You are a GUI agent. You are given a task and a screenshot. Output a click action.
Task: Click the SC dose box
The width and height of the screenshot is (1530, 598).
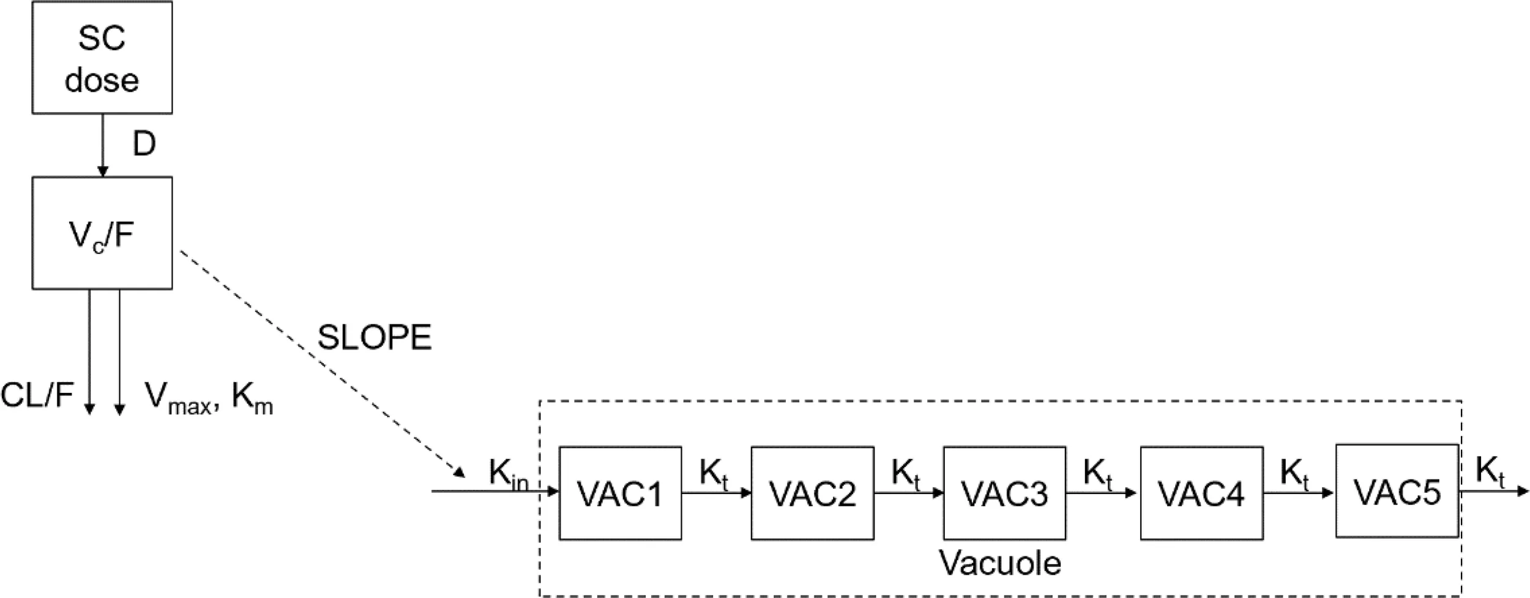[102, 58]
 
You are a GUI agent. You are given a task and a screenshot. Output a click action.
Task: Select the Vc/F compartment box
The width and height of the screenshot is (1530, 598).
[102, 233]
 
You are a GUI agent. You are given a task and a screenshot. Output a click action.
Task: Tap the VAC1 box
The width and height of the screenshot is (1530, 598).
[620, 493]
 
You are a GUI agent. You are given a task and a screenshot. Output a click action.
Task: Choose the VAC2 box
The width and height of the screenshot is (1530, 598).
[812, 493]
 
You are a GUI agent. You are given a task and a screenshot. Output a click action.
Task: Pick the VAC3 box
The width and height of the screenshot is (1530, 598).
[1004, 493]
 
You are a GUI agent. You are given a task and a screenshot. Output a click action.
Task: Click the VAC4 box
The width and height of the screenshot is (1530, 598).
[1201, 493]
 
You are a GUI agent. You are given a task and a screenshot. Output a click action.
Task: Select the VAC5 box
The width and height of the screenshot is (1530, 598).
[1397, 491]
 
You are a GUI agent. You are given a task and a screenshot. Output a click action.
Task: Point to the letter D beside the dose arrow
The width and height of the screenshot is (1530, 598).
[144, 144]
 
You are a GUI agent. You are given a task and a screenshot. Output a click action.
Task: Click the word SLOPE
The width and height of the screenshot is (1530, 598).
[375, 337]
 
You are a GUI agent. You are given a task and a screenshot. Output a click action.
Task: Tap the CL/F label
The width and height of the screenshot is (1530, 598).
[37, 395]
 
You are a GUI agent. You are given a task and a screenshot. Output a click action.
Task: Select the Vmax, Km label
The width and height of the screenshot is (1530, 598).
[209, 398]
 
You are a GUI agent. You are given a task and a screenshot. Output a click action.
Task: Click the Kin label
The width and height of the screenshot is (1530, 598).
[508, 474]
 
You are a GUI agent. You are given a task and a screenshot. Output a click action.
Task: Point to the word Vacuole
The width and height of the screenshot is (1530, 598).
[1000, 562]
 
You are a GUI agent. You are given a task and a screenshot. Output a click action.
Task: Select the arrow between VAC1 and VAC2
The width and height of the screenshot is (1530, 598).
[716, 493]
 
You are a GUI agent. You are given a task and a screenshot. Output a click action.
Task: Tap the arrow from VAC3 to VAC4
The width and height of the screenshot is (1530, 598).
[1102, 493]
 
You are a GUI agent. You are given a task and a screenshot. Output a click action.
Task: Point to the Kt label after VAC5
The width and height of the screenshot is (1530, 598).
[1490, 472]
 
